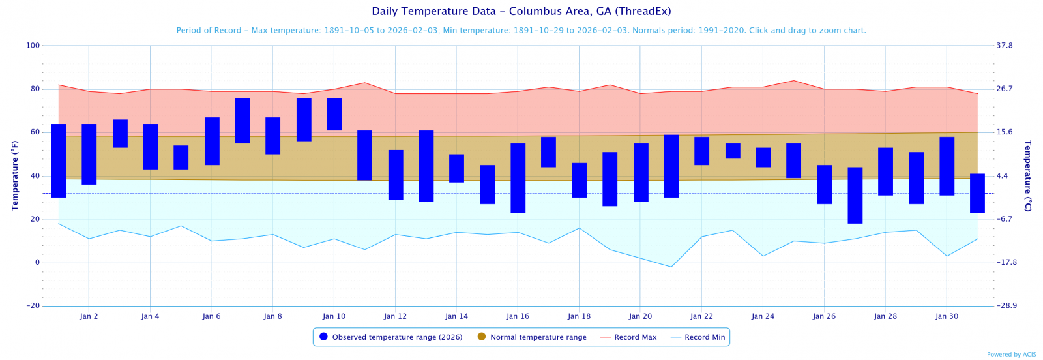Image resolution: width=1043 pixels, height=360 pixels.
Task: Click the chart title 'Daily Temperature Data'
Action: (521, 12)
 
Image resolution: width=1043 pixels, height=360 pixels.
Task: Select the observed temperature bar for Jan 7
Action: (242, 121)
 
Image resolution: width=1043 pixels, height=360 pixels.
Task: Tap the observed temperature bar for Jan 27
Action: (855, 195)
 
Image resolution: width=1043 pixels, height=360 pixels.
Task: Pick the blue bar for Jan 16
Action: (518, 177)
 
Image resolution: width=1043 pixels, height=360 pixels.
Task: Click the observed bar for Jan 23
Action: (733, 151)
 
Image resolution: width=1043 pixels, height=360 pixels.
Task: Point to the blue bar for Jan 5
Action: (181, 157)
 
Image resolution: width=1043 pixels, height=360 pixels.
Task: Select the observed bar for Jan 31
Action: (977, 193)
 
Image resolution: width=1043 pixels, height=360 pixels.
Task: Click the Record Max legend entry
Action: (628, 337)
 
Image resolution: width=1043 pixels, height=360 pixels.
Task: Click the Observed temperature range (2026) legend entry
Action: (391, 337)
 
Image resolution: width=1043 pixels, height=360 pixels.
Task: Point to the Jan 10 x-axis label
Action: (334, 316)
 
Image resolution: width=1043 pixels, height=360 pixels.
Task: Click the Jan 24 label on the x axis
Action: (763, 316)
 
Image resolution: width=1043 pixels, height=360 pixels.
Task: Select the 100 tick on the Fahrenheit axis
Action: (33, 46)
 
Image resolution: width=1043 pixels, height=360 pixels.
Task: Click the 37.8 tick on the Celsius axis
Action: (1005, 46)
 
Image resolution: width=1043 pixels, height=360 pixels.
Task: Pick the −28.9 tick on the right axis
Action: (1006, 306)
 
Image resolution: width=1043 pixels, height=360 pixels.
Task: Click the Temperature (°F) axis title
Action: (14, 175)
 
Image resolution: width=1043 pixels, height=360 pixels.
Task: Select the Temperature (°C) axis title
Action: (1028, 175)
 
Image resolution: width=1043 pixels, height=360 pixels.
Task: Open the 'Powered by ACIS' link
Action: (1011, 355)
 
